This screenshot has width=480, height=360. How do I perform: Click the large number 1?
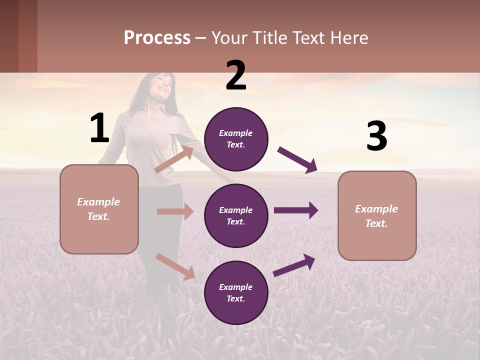pyautogui.click(x=99, y=128)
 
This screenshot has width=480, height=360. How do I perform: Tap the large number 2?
pyautogui.click(x=236, y=76)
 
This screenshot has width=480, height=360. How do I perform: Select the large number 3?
pyautogui.click(x=377, y=136)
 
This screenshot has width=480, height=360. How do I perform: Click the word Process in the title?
pyautogui.click(x=157, y=38)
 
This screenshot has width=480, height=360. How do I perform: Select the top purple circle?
pyautogui.click(x=236, y=139)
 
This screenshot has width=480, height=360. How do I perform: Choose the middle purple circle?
pyautogui.click(x=236, y=215)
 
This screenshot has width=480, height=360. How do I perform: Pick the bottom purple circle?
pyautogui.click(x=236, y=292)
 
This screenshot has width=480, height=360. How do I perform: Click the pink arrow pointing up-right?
pyautogui.click(x=174, y=159)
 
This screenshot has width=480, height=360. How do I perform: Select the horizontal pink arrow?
pyautogui.click(x=175, y=211)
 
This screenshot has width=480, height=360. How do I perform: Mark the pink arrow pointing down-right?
pyautogui.click(x=175, y=266)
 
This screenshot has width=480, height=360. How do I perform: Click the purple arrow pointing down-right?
pyautogui.click(x=297, y=160)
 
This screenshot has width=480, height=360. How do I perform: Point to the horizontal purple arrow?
pyautogui.click(x=296, y=210)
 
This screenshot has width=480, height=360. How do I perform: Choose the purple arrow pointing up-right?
pyautogui.click(x=294, y=265)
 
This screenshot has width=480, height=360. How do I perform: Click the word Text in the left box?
pyautogui.click(x=98, y=216)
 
